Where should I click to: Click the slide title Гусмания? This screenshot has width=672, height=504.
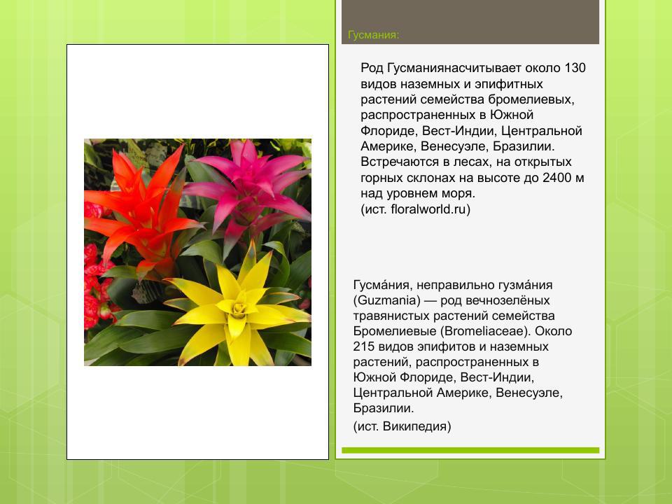click(x=374, y=35)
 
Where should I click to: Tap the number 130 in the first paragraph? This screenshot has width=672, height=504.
click(x=574, y=69)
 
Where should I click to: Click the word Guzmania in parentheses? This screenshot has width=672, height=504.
click(x=388, y=300)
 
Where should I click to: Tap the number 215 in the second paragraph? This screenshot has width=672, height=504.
click(x=365, y=346)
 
